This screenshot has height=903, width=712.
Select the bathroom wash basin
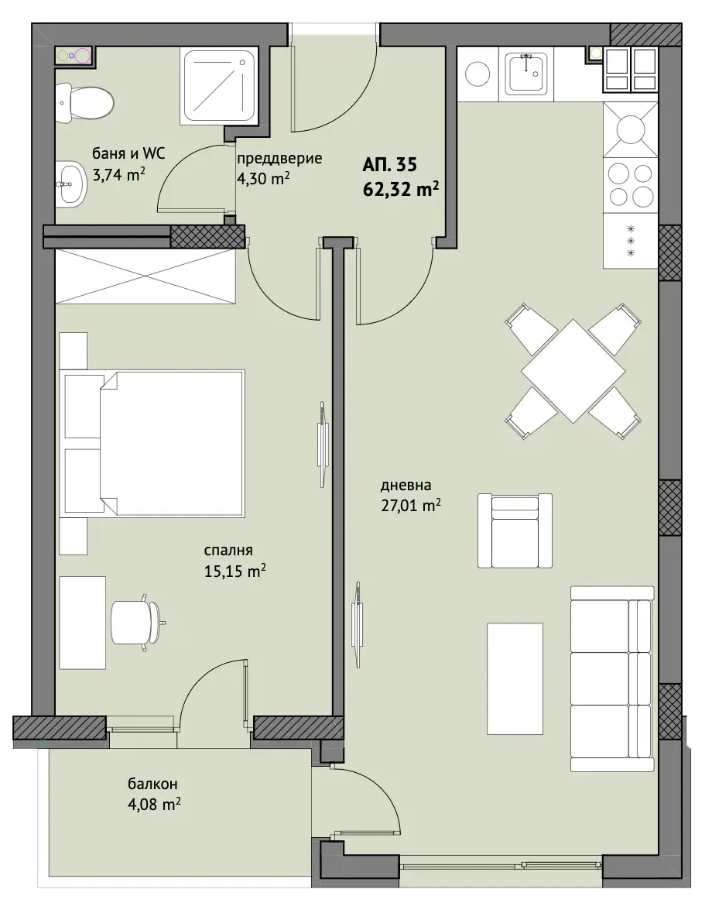point(72,184)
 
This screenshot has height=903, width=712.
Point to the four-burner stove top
point(631,185)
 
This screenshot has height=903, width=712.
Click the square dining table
point(573,372)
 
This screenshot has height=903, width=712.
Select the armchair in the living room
point(515,530)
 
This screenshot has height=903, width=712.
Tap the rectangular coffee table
point(515,678)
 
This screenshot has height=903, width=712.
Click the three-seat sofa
point(612,678)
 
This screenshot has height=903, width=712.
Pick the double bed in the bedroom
point(154,443)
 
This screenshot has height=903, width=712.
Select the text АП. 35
point(390,165)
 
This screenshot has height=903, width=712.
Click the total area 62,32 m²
point(401,189)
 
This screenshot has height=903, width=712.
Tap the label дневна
point(406,486)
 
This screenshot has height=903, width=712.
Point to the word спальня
point(228,551)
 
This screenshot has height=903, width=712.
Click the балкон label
point(152,784)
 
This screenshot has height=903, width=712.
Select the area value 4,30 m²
point(263,178)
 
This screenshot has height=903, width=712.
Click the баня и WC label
point(129,153)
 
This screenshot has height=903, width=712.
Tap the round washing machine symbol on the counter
point(478,74)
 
